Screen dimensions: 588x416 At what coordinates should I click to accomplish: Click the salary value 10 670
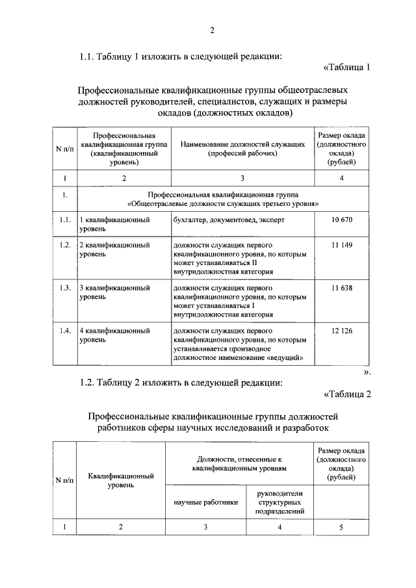[x=341, y=220]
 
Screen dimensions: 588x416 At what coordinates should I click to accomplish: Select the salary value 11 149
[x=341, y=245]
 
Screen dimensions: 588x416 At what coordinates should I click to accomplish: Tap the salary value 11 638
[x=341, y=287]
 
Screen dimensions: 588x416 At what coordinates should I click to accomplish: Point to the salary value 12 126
[x=341, y=330]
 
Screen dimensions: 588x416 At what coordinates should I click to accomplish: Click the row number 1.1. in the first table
[x=64, y=220]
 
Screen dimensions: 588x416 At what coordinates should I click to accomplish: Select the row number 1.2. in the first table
[x=64, y=245]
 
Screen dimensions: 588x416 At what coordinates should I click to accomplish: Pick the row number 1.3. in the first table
[x=64, y=287]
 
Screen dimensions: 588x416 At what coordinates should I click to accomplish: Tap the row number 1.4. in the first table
[x=64, y=330]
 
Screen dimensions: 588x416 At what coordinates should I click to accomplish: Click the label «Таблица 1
[x=346, y=67]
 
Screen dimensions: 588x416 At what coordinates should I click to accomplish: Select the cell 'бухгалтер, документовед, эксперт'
[x=228, y=220]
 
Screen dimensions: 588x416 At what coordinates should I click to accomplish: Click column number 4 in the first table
[x=341, y=178]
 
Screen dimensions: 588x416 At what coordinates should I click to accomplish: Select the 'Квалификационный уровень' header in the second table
[x=121, y=480]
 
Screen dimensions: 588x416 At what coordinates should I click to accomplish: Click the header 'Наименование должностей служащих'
[x=242, y=148]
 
